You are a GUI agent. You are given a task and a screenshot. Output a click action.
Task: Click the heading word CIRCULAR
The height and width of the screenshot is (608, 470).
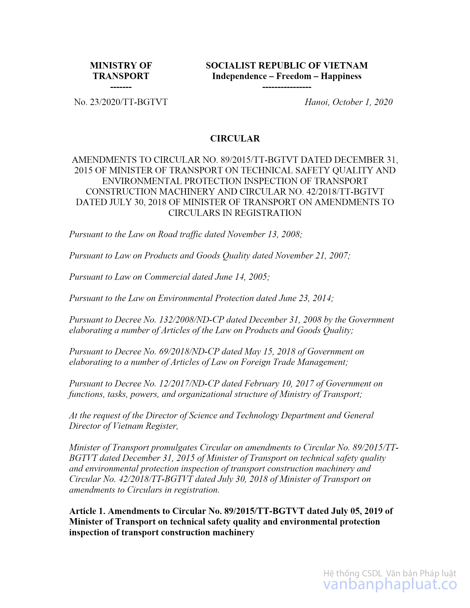tap(235, 138)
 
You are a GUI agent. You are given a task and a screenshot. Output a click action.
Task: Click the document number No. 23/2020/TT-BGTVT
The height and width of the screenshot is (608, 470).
tap(121, 102)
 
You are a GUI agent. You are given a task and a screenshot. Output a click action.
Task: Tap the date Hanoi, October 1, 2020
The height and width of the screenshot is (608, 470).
tap(348, 102)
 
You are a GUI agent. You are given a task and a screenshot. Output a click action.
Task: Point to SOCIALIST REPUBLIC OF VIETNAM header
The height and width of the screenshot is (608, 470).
tap(286, 65)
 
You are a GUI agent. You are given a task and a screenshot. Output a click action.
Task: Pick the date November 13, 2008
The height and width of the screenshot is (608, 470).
tap(264, 234)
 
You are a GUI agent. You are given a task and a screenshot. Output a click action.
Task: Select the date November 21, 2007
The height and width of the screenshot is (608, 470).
tap(312, 256)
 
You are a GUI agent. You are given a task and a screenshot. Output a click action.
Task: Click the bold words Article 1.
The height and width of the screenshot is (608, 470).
tap(87, 511)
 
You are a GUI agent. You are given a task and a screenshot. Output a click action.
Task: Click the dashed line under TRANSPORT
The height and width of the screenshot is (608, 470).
tap(121, 87)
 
